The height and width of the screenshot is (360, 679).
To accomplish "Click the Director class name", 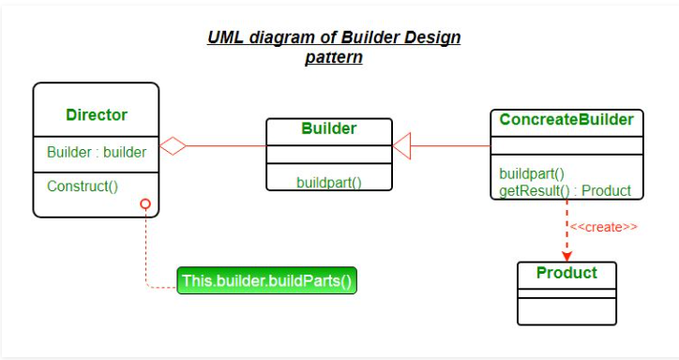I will [x=97, y=115].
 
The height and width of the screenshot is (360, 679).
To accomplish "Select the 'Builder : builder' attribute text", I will [x=97, y=152].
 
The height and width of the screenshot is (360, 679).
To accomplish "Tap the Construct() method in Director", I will [x=83, y=186].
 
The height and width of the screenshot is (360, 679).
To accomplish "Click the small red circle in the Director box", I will [x=145, y=203].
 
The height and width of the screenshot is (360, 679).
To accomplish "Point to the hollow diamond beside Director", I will [x=173, y=145].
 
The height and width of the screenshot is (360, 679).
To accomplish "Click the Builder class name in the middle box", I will [x=328, y=127].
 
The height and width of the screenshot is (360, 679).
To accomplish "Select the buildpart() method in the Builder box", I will [x=329, y=182].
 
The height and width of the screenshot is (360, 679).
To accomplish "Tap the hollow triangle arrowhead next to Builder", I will [x=402, y=145].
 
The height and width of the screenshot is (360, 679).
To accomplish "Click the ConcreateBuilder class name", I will [x=566, y=120].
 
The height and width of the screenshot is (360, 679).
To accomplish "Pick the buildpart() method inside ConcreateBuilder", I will [x=531, y=173].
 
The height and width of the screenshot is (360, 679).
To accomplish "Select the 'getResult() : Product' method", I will [x=565, y=190].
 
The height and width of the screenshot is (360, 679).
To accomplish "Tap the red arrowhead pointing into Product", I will [x=566, y=254].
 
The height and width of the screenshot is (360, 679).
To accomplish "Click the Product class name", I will [x=566, y=273].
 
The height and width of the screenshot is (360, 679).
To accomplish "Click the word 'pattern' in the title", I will [x=333, y=57].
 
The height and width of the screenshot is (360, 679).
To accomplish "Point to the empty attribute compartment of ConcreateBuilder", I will [x=566, y=145].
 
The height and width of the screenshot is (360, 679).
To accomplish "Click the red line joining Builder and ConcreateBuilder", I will [x=450, y=145].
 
